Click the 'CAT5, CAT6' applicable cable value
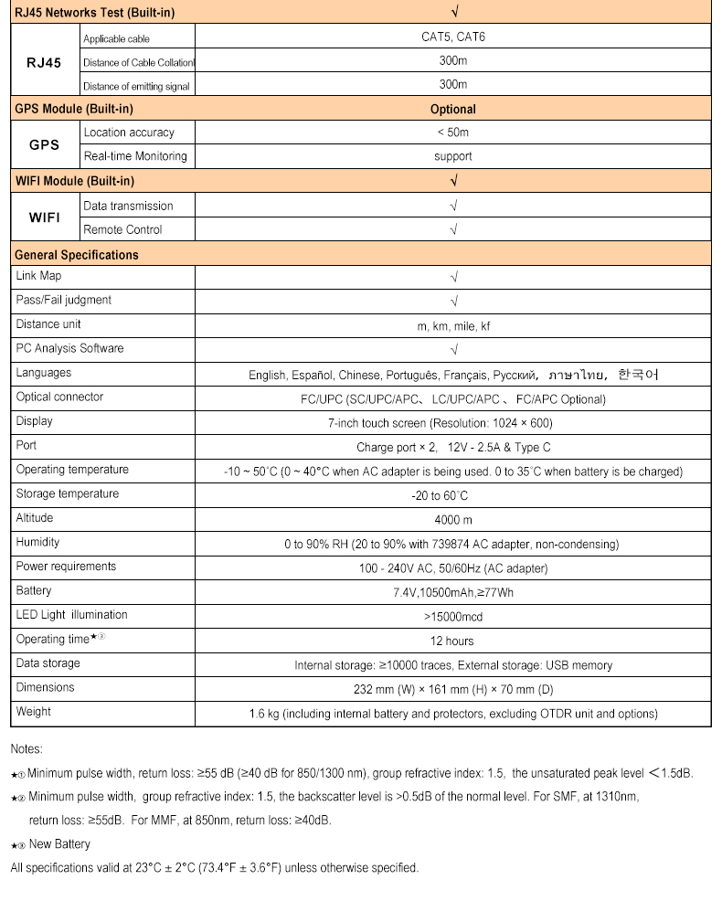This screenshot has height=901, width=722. click(452, 37)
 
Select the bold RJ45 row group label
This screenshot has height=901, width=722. click(44, 62)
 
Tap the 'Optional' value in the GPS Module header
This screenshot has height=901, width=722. click(452, 109)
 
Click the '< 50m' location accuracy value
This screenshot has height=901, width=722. click(452, 132)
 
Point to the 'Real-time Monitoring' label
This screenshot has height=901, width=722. click(135, 156)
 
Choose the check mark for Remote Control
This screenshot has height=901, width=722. click(453, 229)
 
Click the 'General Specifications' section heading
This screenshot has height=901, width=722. click(77, 255)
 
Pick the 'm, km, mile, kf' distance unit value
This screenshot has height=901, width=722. click(453, 325)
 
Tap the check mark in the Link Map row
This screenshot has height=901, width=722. click(453, 277)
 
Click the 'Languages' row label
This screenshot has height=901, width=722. click(43, 373)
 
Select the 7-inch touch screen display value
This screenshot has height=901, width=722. click(452, 423)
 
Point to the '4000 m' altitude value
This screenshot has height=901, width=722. click(452, 519)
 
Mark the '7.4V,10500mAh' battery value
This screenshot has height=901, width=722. click(452, 592)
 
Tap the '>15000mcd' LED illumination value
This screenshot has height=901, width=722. click(452, 617)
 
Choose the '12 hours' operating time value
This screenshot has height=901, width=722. click(452, 641)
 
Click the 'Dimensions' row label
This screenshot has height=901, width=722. click(45, 687)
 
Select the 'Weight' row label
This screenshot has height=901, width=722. click(34, 712)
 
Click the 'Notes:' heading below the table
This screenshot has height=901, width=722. click(27, 749)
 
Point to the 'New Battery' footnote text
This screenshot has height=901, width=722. click(59, 844)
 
